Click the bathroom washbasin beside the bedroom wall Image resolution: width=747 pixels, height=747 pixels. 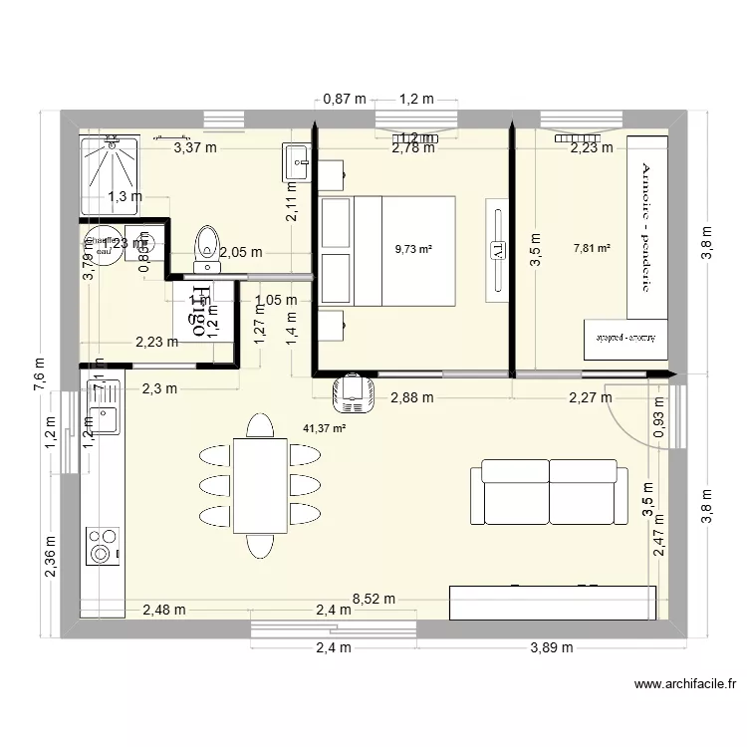(x=299, y=159)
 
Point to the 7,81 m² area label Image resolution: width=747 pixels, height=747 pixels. (x=592, y=249)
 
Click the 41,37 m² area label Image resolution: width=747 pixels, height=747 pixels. (x=325, y=429)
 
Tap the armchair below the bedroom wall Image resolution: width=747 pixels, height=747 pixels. (x=353, y=392)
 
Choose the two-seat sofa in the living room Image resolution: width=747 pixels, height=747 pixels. (x=549, y=492)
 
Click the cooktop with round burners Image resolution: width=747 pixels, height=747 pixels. (x=102, y=547)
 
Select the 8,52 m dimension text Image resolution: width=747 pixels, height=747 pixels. (x=374, y=600)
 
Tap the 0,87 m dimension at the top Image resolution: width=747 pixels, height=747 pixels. (x=345, y=99)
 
